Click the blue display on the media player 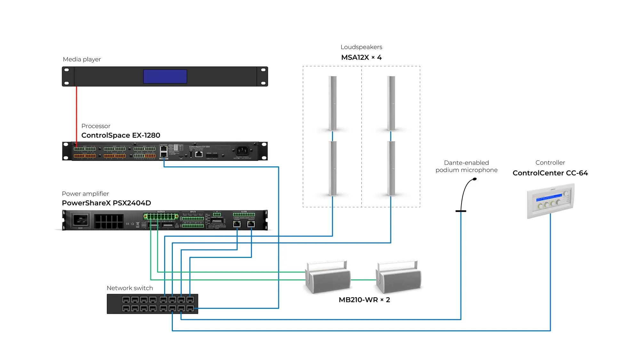[x=165, y=76]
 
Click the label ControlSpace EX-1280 [x=121, y=135]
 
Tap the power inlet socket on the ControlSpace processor [x=242, y=150]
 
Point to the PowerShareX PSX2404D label [x=106, y=203]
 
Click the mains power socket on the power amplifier [x=80, y=220]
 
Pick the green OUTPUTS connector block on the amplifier [x=161, y=216]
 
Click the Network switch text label [x=130, y=288]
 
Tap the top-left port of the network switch [x=126, y=300]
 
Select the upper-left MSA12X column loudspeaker [x=332, y=103]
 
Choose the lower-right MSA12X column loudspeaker [x=391, y=168]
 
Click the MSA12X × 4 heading [x=361, y=58]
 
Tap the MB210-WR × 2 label [x=364, y=300]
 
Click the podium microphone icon [x=464, y=195]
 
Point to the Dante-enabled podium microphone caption [x=466, y=166]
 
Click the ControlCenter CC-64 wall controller [x=550, y=201]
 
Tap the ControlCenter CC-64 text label [x=550, y=173]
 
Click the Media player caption [x=82, y=59]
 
